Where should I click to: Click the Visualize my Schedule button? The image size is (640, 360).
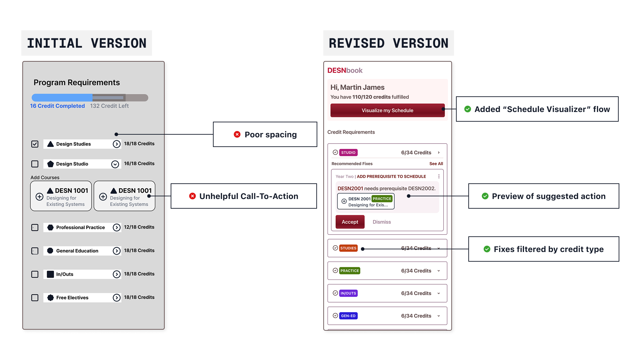(x=387, y=110)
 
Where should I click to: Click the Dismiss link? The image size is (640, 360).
(x=382, y=222)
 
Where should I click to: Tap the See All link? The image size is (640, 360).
(x=436, y=164)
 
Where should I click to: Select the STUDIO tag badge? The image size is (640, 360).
(x=348, y=153)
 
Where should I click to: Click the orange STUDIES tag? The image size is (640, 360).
(x=348, y=248)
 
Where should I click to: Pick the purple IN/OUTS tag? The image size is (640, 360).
(x=348, y=293)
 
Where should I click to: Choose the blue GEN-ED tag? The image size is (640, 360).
(x=348, y=316)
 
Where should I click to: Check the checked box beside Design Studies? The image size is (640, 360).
(x=35, y=144)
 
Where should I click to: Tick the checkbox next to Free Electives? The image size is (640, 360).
(x=35, y=298)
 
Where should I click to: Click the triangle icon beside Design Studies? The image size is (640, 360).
(x=50, y=144)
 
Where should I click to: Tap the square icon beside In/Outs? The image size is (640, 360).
(x=50, y=274)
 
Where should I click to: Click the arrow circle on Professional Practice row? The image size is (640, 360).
(x=117, y=227)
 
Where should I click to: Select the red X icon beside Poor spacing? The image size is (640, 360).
(x=237, y=134)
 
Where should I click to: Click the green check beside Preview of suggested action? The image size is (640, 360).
(x=485, y=196)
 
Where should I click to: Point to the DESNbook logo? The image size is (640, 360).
(x=345, y=70)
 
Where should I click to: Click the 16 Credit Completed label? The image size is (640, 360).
(x=57, y=106)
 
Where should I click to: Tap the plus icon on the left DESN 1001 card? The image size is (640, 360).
(x=39, y=197)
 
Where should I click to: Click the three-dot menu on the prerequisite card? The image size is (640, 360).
(x=439, y=176)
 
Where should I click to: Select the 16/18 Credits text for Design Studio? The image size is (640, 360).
(x=139, y=164)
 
